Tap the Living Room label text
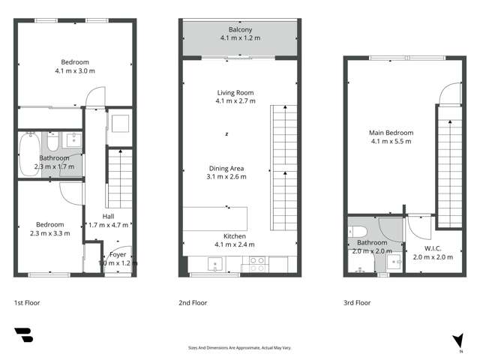235,93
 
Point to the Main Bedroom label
391,133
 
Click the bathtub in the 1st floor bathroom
31,144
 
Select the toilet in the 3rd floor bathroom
358,230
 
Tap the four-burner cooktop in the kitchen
256,264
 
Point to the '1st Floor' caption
27,303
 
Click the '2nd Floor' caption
193,303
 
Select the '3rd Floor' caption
357,303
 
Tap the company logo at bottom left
23,336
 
